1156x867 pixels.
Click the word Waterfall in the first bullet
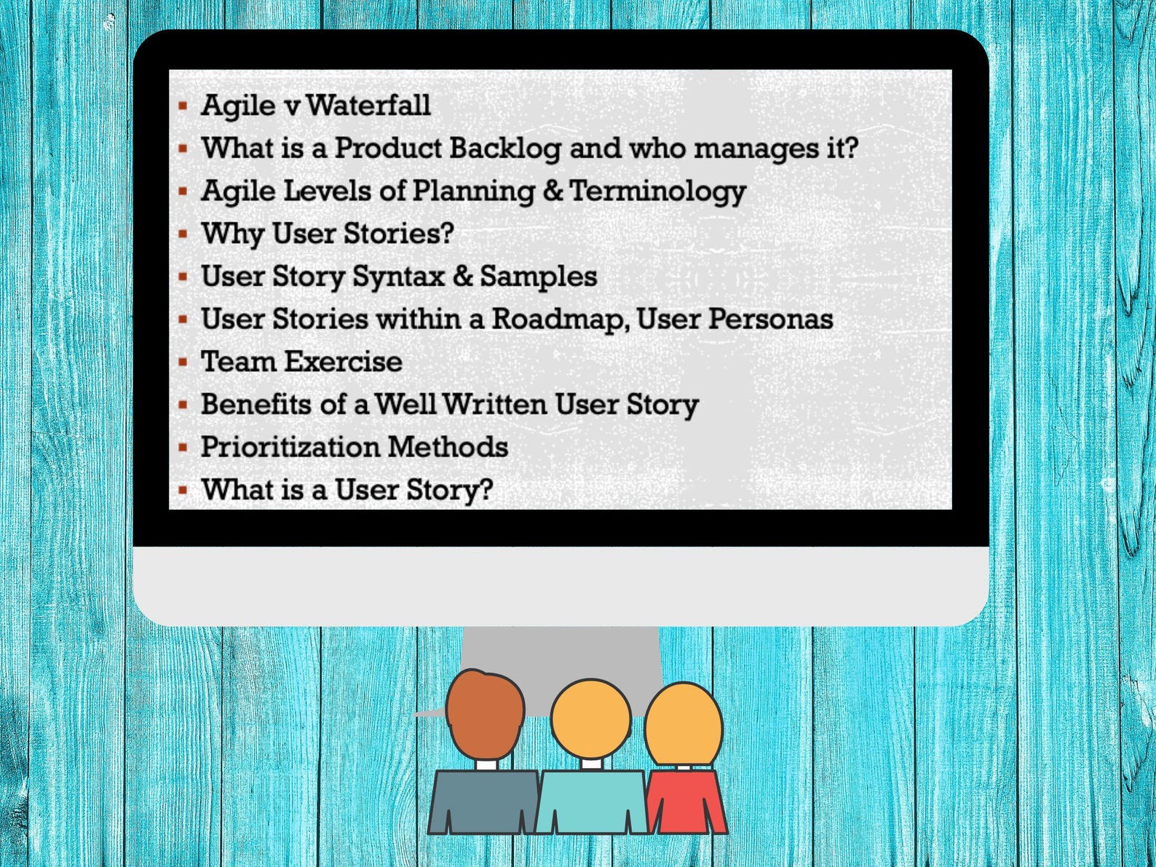click(x=368, y=106)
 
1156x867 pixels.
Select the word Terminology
click(x=657, y=191)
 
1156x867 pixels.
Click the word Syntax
click(x=398, y=277)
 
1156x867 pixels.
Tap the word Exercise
click(x=342, y=362)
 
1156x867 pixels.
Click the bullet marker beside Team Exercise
click(x=183, y=362)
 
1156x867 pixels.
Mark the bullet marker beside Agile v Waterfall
click(x=183, y=106)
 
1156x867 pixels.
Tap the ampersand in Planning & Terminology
click(x=553, y=191)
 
